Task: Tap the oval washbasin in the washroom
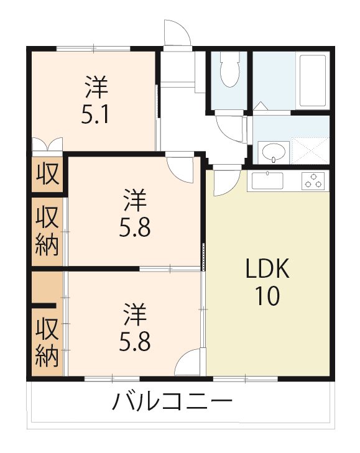(273, 151)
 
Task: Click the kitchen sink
(267, 181)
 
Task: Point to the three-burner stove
(315, 181)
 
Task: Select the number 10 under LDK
(265, 296)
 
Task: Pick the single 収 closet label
(48, 173)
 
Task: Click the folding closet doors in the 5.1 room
(47, 144)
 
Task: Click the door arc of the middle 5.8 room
(183, 168)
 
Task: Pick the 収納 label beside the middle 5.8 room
(48, 231)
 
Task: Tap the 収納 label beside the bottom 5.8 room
(48, 341)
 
